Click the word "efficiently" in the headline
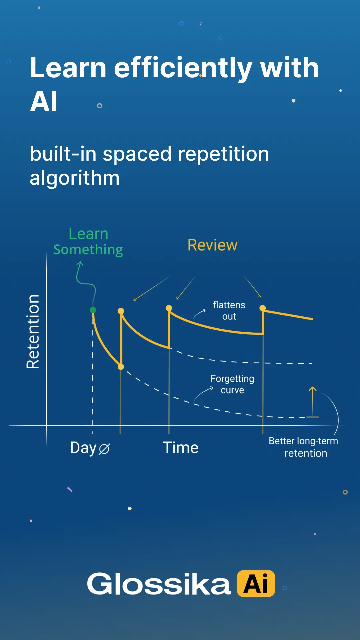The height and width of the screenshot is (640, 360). [183, 68]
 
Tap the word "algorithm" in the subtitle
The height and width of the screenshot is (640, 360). [75, 178]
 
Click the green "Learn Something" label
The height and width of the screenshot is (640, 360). [88, 242]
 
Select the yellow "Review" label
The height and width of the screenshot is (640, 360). [212, 245]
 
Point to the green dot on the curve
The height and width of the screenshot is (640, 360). [93, 310]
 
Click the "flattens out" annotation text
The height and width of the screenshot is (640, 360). [229, 311]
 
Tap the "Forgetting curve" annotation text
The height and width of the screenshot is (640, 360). [232, 384]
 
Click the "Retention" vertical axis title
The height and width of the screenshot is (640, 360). [33, 332]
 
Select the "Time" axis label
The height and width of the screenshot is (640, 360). [180, 448]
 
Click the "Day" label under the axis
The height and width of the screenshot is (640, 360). [83, 448]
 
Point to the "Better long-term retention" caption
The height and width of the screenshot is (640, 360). [304, 447]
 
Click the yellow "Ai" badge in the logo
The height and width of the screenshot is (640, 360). [256, 584]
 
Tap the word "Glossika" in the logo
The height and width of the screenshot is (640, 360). [159, 584]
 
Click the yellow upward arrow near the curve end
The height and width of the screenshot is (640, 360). [312, 400]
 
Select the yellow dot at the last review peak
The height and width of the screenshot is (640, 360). [263, 308]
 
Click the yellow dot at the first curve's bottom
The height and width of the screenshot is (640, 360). [121, 367]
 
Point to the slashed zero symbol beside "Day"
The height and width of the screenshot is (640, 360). [104, 449]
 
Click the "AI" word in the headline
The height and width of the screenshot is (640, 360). [44, 102]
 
